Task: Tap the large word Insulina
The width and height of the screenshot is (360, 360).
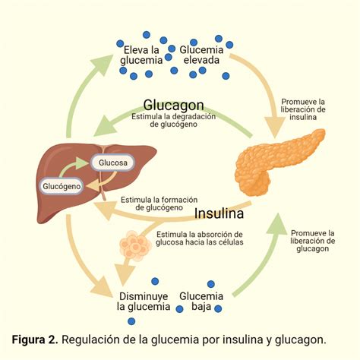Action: point(223,213)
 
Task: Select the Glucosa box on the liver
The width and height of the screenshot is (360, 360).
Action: point(112,162)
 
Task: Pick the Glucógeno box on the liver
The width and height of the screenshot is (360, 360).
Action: point(61,185)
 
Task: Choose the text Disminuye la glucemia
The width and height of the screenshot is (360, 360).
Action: point(143,301)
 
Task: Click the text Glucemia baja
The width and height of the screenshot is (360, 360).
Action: point(201,301)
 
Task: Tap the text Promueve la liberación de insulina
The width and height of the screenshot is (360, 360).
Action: point(303,109)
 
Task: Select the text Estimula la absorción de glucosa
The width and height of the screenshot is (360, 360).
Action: point(199,238)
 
